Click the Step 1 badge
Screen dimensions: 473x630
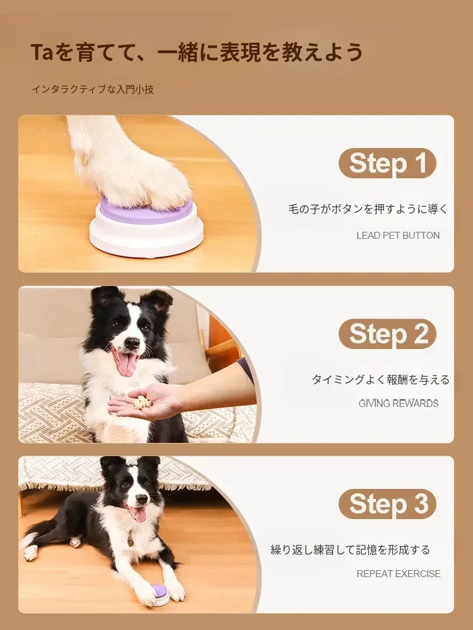[387, 163]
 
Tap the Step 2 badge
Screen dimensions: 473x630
[387, 333]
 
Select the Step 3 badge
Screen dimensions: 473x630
[387, 504]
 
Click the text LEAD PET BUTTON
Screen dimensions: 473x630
[398, 236]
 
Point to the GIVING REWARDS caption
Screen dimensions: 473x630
[398, 403]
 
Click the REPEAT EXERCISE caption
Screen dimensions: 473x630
[398, 574]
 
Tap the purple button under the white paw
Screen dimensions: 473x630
[146, 211]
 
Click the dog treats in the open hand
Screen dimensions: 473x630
[141, 402]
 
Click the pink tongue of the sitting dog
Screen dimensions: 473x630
[126, 363]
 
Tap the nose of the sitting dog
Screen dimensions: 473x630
[132, 342]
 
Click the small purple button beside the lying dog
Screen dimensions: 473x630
[162, 592]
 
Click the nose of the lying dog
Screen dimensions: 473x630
[141, 499]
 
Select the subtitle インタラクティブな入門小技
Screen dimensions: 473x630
[93, 89]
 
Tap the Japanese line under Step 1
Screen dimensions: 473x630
[368, 209]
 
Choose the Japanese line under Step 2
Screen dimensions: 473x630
[380, 379]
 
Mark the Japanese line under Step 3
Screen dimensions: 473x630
[350, 549]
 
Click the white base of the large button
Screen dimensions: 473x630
[146, 239]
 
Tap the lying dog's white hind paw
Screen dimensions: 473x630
[30, 553]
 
